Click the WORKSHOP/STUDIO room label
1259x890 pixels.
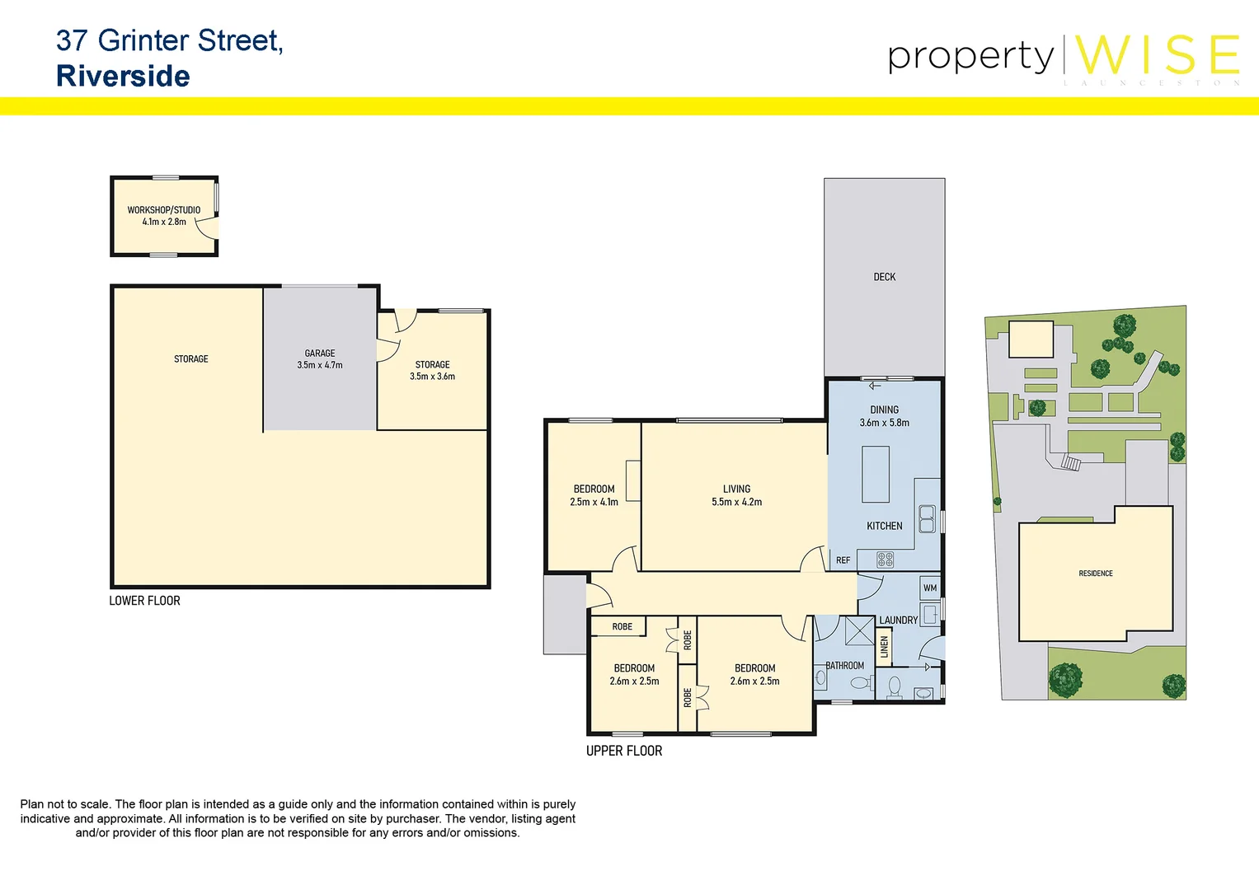[163, 210]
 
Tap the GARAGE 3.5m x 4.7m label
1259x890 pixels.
[320, 359]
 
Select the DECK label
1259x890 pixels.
[884, 277]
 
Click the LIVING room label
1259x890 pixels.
[736, 489]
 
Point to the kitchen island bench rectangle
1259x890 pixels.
[876, 474]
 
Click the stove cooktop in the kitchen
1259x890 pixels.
[885, 560]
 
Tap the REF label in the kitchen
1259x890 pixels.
[843, 560]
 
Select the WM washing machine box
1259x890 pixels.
[930, 588]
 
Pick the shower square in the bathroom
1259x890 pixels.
[859, 631]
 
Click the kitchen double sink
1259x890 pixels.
[927, 518]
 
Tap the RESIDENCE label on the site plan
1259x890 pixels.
[1095, 574]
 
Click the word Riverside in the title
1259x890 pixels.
[123, 76]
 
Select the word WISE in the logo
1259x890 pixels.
[1157, 55]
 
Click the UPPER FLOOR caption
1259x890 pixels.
[624, 751]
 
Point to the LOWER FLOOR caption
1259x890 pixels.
[144, 601]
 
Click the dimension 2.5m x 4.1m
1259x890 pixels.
[594, 502]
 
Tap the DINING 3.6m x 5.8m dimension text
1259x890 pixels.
[884, 423]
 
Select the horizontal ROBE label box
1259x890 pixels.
[622, 627]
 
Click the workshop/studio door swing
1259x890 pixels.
[208, 228]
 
